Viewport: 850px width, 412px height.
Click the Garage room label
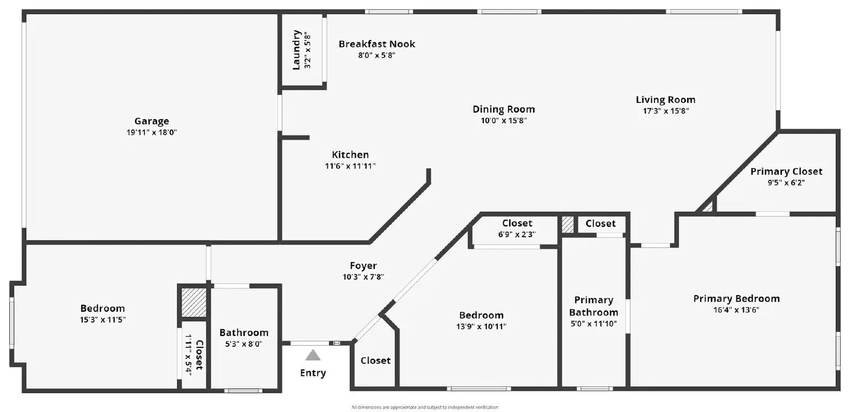coord(152,121)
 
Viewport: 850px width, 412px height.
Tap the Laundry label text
coord(296,50)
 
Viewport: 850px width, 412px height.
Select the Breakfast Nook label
coord(377,44)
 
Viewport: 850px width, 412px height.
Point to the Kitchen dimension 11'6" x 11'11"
coord(350,166)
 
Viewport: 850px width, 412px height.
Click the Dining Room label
coord(504,109)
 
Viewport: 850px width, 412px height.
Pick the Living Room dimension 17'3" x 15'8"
coord(666,111)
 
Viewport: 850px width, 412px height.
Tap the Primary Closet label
coord(786,171)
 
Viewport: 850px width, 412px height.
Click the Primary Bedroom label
coord(736,298)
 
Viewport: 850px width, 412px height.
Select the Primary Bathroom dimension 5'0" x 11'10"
coord(593,324)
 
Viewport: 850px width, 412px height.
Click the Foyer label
coord(363,265)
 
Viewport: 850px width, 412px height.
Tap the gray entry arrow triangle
coord(313,356)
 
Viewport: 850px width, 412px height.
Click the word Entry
coord(313,373)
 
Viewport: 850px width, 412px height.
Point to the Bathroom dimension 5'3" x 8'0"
coord(244,344)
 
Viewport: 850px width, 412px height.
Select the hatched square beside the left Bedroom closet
coord(193,302)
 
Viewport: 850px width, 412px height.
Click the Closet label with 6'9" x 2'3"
coord(517,223)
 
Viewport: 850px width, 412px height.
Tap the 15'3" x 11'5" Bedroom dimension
coord(103,320)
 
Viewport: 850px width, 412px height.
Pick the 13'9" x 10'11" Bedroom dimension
coord(481,327)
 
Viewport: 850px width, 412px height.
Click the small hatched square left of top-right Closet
coord(568,225)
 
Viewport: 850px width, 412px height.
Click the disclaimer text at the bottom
coord(424,407)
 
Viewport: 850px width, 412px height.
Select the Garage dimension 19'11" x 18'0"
coord(152,132)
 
